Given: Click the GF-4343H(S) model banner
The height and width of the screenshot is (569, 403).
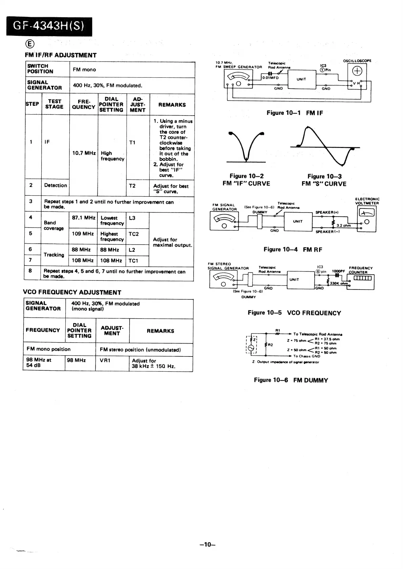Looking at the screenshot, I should pos(49,26).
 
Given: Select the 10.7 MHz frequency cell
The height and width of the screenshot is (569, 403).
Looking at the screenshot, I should pos(84,153).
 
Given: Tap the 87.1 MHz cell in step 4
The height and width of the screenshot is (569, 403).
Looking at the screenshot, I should pos(84,218).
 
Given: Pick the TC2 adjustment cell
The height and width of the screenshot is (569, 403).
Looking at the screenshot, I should pos(134,234).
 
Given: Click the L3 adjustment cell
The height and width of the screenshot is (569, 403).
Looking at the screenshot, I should pos(132,218).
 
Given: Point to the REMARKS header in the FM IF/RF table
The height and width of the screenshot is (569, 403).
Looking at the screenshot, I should pos(172,105).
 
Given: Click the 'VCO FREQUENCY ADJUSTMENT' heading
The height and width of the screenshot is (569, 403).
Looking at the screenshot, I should pos(72,292).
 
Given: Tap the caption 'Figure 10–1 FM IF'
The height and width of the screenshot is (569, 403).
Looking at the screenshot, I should pos(295,113).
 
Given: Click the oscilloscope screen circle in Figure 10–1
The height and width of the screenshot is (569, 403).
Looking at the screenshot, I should pos(357,71).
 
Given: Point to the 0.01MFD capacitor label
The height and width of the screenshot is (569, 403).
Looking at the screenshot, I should pos(271,78).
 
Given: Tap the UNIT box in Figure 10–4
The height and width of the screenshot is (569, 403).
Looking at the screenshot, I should pos(298,222).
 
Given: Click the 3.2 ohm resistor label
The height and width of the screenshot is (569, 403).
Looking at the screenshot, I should pos(343,225).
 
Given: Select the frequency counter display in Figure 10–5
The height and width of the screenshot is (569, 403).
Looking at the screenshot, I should pos(362,278).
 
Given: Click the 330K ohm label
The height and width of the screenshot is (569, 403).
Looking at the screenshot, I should pos(339,283).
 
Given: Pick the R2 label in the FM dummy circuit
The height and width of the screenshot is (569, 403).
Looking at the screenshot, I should pos(270,345).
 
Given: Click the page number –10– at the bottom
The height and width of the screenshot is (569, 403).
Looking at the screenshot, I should pos(207,544).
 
